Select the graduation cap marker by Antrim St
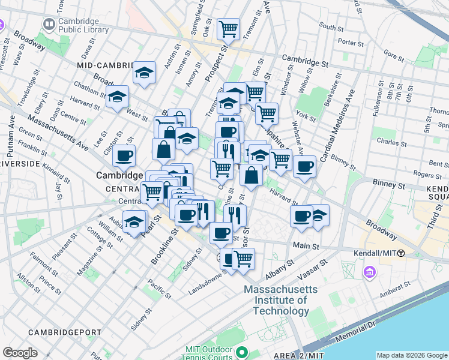pyautogui.click(x=144, y=73)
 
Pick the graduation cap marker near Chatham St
pyautogui.click(x=117, y=96)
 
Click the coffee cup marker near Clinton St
pyautogui.click(x=124, y=156)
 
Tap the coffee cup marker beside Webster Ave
pyautogui.click(x=304, y=166)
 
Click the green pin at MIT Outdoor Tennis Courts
pyautogui.click(x=241, y=352)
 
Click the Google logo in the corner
pyautogui.click(x=20, y=353)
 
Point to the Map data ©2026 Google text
pyautogui.click(x=412, y=355)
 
